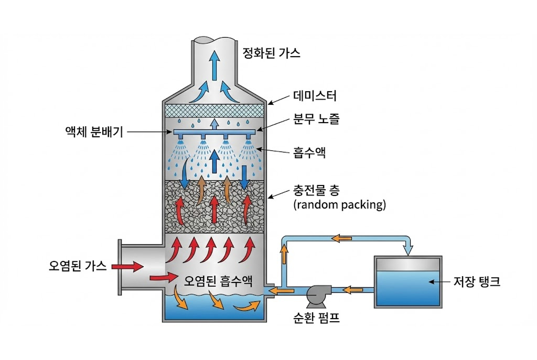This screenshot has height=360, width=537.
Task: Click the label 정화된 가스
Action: pos(271,53)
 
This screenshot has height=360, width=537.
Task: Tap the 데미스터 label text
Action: pos(315,96)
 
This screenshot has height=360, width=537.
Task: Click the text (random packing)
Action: pos(339,205)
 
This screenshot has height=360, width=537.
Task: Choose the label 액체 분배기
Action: pos(91,132)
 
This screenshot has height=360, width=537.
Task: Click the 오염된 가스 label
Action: pos(75,266)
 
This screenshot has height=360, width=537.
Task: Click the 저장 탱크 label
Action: pos(476,282)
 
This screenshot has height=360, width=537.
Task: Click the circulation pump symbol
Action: pos(316,294)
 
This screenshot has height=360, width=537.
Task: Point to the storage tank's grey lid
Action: pos(407,265)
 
